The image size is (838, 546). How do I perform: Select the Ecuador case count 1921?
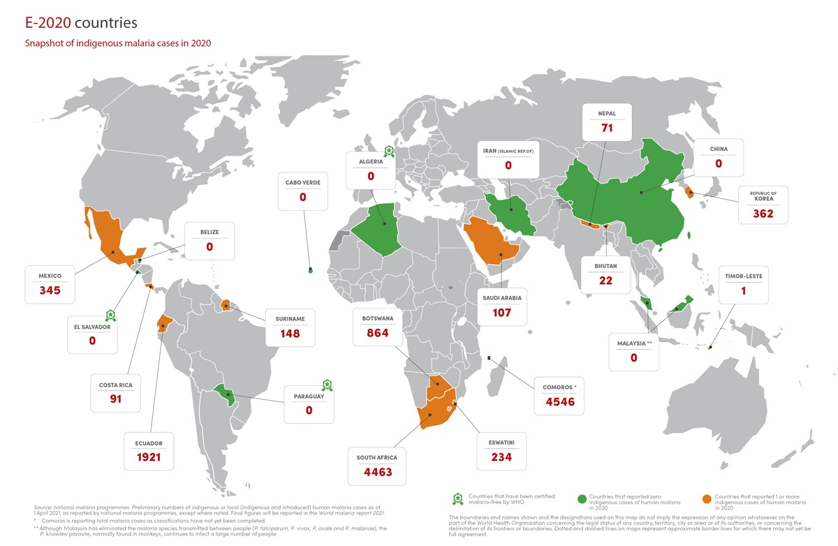click(x=149, y=457)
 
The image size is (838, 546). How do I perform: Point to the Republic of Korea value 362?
click(x=763, y=213)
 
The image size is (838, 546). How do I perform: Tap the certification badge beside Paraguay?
click(x=325, y=384)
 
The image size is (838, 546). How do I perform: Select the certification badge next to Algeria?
click(x=388, y=151)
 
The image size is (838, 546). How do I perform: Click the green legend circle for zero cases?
click(x=581, y=499)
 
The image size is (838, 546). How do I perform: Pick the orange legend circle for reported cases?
click(x=707, y=499)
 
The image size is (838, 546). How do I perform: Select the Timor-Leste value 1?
click(x=743, y=290)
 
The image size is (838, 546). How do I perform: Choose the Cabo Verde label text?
click(x=302, y=183)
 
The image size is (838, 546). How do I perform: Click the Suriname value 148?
click(x=289, y=333)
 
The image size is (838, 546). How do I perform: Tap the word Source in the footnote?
click(x=43, y=506)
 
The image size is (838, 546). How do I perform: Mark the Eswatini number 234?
click(x=501, y=457)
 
